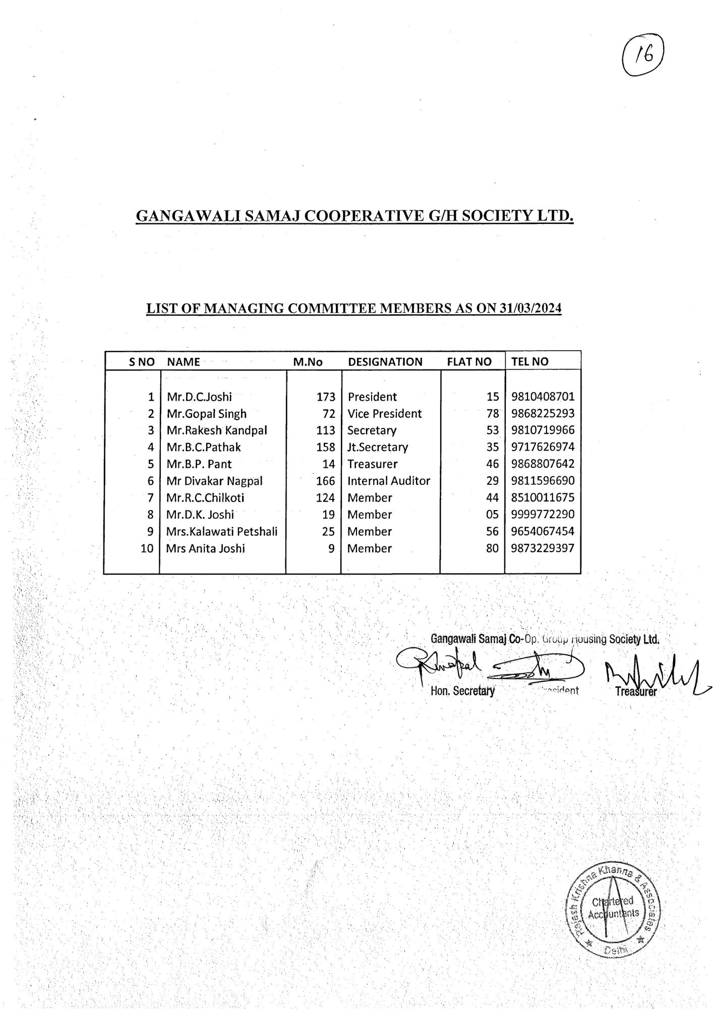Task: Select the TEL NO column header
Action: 529,361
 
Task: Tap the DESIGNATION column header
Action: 385,362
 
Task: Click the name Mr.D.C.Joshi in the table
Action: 199,397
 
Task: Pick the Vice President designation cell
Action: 384,414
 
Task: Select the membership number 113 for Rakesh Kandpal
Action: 326,430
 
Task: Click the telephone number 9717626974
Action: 543,447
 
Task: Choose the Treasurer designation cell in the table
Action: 372,464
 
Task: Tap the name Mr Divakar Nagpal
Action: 214,481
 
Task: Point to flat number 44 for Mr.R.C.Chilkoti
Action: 492,498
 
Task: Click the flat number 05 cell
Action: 492,515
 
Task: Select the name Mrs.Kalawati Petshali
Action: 222,531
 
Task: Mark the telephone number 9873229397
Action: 543,548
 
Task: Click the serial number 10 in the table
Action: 147,548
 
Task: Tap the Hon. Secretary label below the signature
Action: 462,691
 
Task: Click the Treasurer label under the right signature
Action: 636,692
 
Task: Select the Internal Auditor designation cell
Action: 388,481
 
